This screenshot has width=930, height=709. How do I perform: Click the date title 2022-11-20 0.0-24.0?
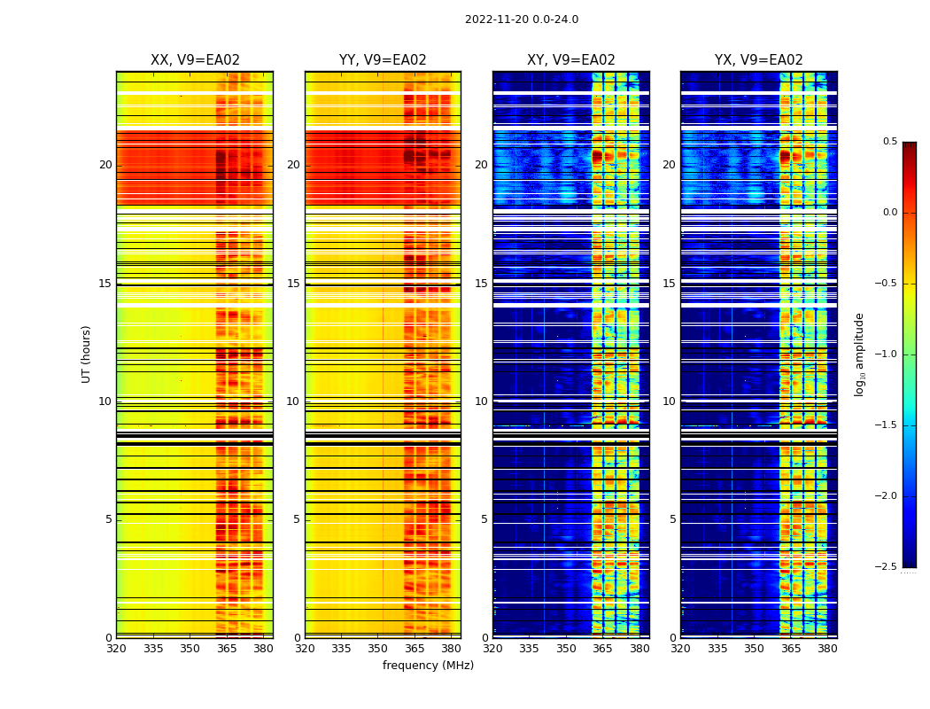coord(522,19)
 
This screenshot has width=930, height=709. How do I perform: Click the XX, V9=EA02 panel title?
coord(195,60)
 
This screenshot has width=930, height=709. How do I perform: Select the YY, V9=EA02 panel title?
coord(383,60)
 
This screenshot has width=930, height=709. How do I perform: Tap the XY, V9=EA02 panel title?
coord(571,60)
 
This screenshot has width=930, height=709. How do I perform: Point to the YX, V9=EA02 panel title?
coord(759,60)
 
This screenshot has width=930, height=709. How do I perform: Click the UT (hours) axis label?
coord(87,354)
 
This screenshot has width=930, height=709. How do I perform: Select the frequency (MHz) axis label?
coord(428,666)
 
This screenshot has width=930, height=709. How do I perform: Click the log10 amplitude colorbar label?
coord(859,354)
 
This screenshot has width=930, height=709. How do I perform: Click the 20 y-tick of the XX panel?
coord(105,165)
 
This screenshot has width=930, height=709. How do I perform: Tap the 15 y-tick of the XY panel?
coord(481,284)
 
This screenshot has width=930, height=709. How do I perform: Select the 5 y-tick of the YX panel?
coord(672,519)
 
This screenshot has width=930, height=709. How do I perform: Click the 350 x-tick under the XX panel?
coord(190,648)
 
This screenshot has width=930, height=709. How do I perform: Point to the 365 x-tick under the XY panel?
coord(603,648)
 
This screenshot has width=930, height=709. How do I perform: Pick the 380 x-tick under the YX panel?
coord(827,648)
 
